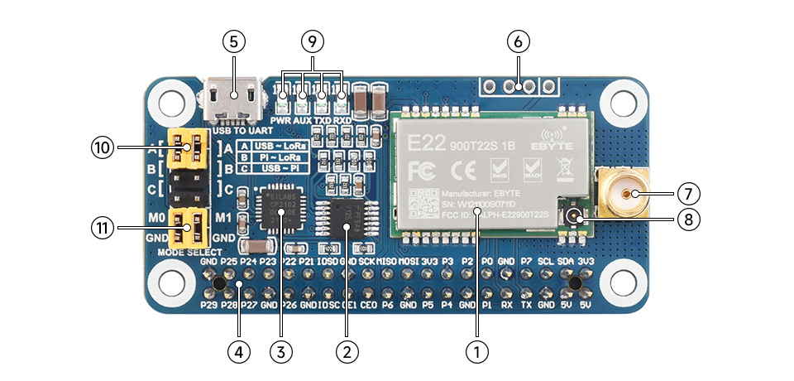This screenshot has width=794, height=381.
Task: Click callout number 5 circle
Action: (x=234, y=41)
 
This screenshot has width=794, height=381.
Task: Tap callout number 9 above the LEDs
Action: (x=311, y=41)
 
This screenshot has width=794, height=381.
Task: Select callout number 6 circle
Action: (x=519, y=41)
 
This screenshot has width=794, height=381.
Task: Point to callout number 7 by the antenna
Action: (x=688, y=194)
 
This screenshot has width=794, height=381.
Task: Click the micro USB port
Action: (x=233, y=99)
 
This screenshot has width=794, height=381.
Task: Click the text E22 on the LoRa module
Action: (x=423, y=142)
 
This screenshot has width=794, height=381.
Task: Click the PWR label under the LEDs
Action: (x=280, y=120)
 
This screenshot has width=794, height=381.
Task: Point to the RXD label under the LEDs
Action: (x=342, y=120)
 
